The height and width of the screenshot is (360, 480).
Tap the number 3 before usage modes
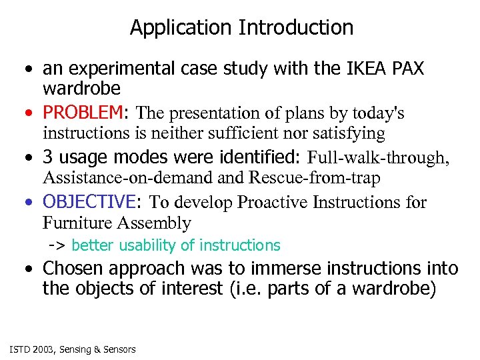point(48,157)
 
